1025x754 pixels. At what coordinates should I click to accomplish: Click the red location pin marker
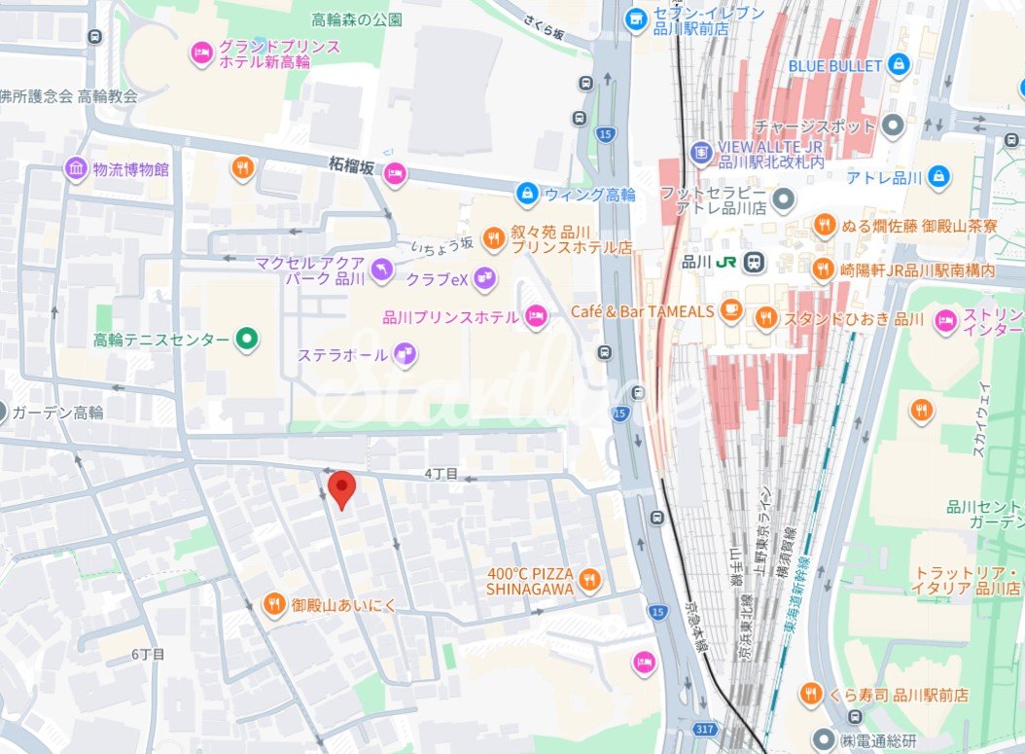[340, 488]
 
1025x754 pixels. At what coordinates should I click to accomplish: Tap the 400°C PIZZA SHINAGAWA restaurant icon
[587, 582]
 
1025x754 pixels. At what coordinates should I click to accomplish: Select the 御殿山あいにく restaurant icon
[274, 605]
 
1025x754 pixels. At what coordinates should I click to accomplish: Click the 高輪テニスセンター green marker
[247, 340]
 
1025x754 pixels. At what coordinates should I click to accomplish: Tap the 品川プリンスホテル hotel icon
[535, 316]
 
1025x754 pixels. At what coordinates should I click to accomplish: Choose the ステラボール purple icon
[405, 355]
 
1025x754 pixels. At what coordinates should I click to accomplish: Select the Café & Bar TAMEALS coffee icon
[731, 311]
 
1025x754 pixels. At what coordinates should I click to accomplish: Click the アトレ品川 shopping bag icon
[938, 176]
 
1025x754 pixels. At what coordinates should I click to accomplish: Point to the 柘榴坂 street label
[351, 166]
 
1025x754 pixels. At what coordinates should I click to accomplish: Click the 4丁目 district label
[441, 474]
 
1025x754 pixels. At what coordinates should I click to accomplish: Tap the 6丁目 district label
[148, 655]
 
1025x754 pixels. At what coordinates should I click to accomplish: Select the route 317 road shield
[706, 728]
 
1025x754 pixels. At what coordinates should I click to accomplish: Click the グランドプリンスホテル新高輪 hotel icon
[201, 53]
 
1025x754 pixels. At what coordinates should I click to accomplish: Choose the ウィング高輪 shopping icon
[527, 194]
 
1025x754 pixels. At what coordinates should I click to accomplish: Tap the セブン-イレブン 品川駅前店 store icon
[636, 18]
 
